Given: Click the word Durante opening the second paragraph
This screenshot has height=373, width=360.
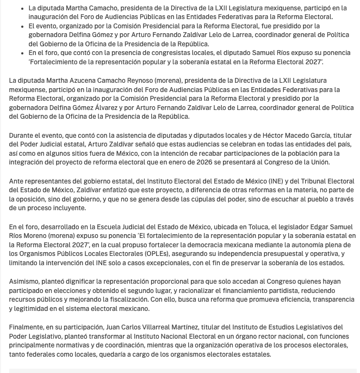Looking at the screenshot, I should pyautogui.click(x=23, y=135).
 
